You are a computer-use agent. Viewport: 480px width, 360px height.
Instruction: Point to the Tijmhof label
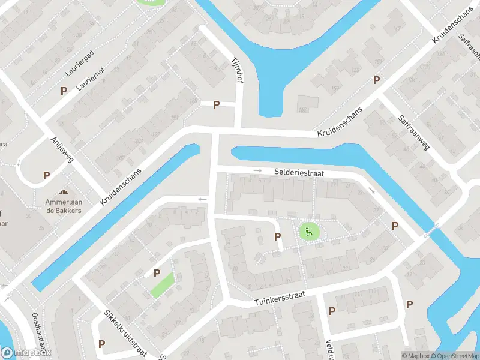[237, 70]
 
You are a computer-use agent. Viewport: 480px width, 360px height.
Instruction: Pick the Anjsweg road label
[62, 148]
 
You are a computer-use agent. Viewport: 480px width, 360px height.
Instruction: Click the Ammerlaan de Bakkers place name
[64, 206]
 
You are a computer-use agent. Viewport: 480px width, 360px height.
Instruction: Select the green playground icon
[309, 231]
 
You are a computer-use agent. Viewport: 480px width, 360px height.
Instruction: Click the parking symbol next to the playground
[277, 236]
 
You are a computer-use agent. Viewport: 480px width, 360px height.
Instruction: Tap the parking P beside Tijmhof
[216, 104]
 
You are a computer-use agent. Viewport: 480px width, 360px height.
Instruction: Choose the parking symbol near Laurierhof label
[64, 91]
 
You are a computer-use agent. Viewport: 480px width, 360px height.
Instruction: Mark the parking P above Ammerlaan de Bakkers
[46, 176]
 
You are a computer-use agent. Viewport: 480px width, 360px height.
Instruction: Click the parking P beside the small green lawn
[157, 273]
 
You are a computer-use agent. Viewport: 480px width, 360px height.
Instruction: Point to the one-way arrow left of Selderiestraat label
[258, 171]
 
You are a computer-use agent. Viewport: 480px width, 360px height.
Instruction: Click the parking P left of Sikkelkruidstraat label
[101, 344]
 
